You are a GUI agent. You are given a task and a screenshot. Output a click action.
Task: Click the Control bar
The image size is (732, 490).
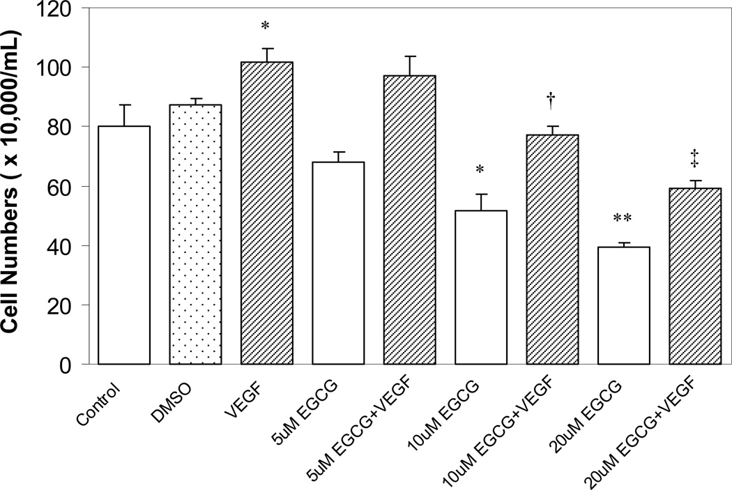pyautogui.click(x=124, y=244)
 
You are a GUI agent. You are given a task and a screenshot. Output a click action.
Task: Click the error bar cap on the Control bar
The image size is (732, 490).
pyautogui.click(x=124, y=105)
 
